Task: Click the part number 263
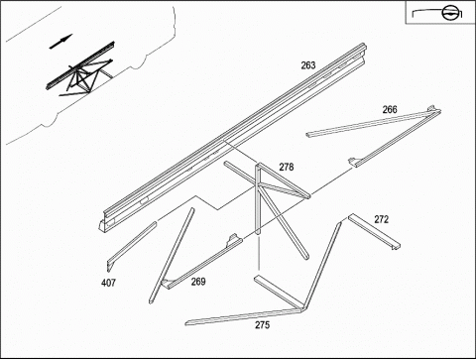point(308,65)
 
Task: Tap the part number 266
point(390,109)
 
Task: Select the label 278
point(287,167)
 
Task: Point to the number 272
point(382,219)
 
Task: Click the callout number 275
point(262,325)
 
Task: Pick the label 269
point(198,282)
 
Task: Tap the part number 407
point(108,283)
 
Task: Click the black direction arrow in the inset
point(60,42)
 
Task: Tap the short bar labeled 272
point(374,231)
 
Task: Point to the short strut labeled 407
point(132,246)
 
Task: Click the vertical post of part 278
point(258,199)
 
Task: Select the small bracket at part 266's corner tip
point(431,108)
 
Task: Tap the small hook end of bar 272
point(396,247)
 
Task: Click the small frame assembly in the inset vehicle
point(80,71)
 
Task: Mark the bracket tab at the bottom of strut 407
point(110,266)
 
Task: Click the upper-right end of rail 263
point(364,48)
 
